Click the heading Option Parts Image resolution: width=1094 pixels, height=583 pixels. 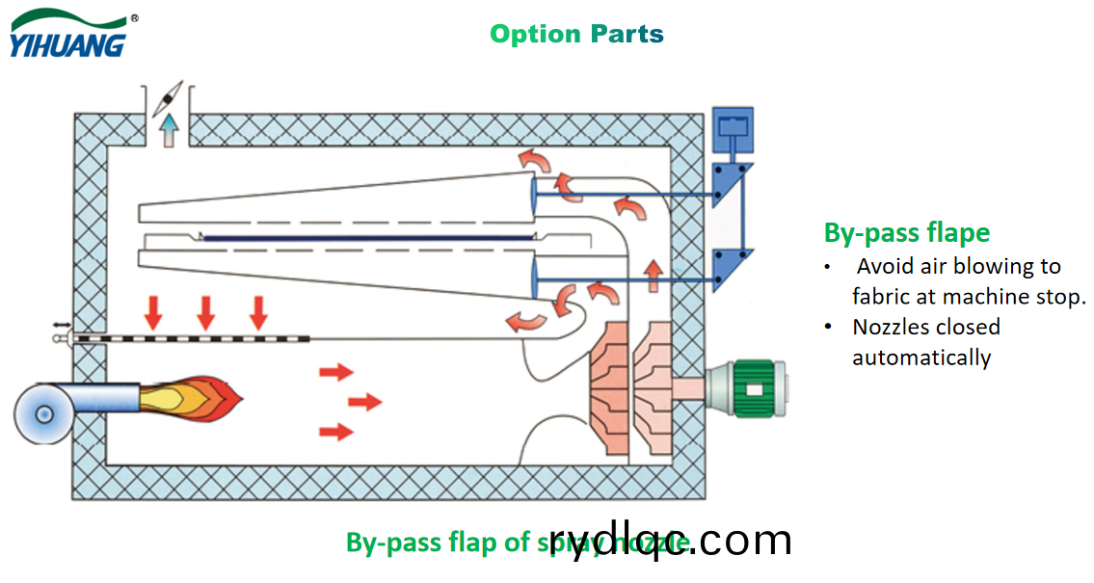click(576, 34)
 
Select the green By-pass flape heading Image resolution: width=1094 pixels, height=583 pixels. click(906, 232)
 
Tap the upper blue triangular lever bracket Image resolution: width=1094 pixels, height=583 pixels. click(730, 188)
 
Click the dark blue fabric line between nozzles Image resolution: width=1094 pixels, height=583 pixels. click(366, 237)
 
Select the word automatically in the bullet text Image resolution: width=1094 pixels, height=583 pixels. click(921, 358)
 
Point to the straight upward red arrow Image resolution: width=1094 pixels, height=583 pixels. click(654, 276)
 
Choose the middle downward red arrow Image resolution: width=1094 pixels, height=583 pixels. click(205, 312)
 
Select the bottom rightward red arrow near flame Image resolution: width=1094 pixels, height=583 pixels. click(335, 432)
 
